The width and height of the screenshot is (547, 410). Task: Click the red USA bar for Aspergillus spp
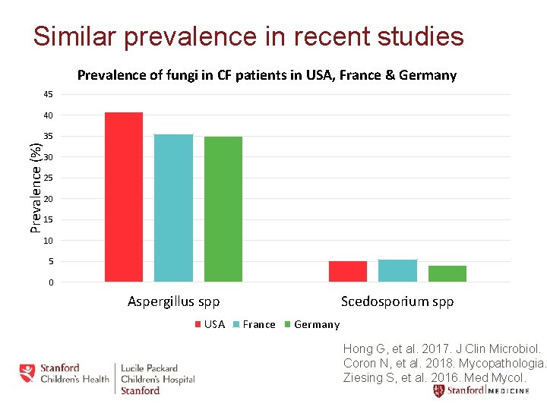124,197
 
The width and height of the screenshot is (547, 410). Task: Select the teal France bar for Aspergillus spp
173,208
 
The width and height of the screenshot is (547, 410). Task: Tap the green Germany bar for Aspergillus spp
223,210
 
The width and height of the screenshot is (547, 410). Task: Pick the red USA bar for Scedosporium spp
348,272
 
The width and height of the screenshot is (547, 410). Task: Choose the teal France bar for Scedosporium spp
397,271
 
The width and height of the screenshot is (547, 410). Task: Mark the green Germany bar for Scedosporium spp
447,274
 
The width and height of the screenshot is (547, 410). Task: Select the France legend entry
254,324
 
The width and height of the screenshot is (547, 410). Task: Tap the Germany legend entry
311,324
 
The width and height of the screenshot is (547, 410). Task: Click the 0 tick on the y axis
50,282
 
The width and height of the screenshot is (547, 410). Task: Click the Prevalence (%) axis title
35,188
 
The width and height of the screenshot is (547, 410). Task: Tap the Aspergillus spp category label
173,302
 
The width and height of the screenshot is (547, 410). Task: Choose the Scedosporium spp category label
397,302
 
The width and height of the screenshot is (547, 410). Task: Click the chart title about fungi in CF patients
267,75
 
